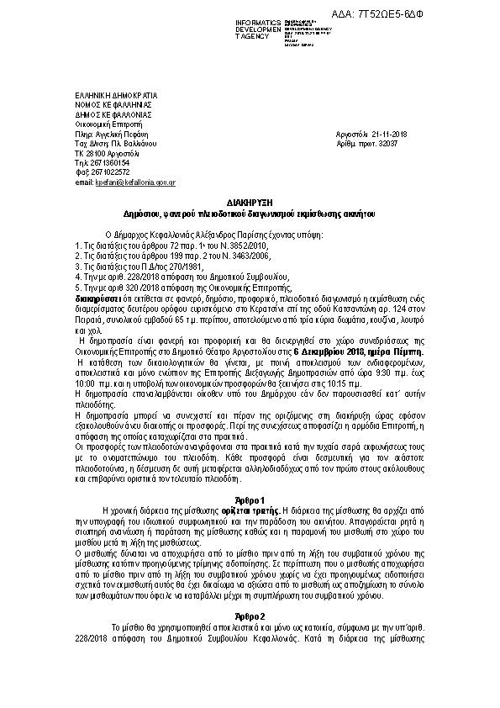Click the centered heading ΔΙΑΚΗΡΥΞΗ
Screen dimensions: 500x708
point(249,203)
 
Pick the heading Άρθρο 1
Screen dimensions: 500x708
point(249,501)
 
